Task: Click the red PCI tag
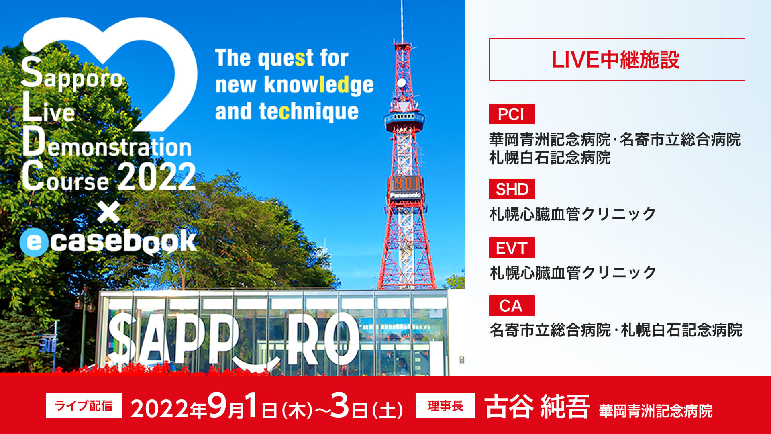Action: (512, 114)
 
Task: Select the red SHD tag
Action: (512, 189)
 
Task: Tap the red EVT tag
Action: (512, 248)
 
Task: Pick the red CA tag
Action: (512, 306)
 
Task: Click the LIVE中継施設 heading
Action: (616, 60)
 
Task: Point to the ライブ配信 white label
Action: (84, 406)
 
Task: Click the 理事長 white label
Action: (445, 406)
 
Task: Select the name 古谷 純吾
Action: (537, 407)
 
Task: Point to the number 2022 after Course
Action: (157, 177)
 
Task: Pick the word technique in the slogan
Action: (309, 112)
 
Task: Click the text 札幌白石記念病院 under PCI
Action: (550, 158)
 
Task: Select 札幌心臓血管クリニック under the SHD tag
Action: (573, 214)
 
